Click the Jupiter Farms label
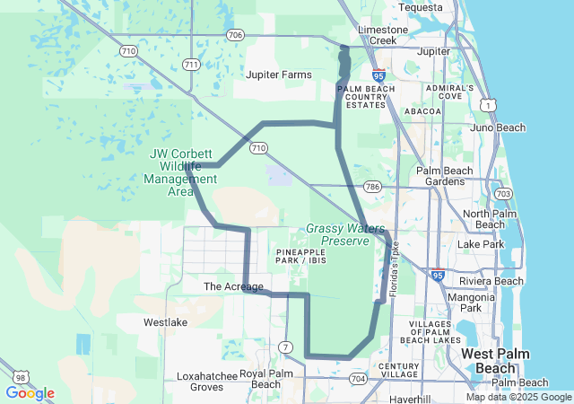[x=279, y=75]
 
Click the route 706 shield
[x=235, y=35]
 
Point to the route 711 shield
[x=190, y=65]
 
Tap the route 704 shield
[x=358, y=379]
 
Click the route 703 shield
[x=503, y=193]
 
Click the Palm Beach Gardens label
[x=444, y=176]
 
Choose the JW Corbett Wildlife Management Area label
[x=181, y=171]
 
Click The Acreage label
[x=233, y=286]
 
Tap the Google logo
[x=30, y=393]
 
